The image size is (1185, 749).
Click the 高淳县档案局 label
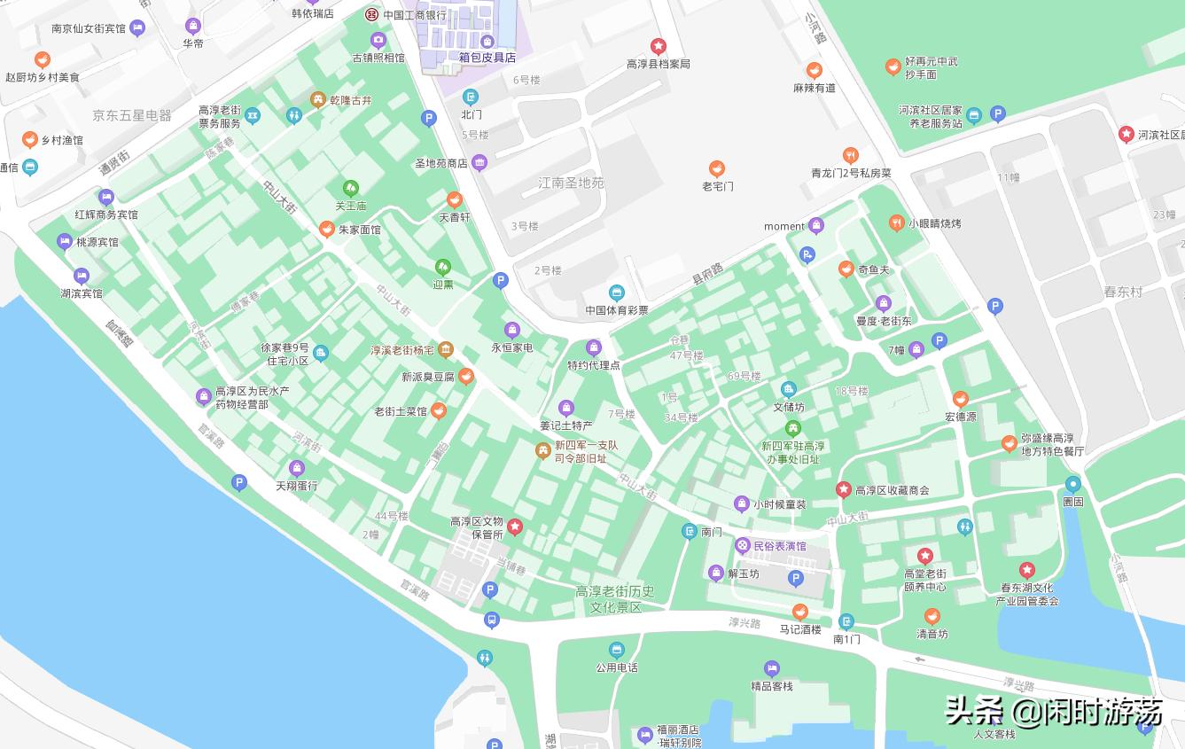[658, 64]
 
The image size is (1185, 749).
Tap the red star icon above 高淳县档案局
[658, 46]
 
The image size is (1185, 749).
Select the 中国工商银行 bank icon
[372, 14]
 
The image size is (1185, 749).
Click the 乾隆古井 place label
[351, 100]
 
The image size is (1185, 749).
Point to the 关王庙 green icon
[351, 188]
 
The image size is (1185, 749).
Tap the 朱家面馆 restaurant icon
[327, 230]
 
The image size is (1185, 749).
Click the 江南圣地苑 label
[571, 183]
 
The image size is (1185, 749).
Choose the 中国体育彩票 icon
[617, 293]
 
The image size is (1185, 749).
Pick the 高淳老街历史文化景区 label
[615, 599]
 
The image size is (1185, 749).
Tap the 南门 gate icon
[690, 531]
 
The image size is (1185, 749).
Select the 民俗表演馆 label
[779, 546]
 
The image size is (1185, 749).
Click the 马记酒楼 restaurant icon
[800, 612]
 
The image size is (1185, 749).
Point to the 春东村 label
[1123, 292]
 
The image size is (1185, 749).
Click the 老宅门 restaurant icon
[717, 168]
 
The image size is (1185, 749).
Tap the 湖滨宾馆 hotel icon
[82, 276]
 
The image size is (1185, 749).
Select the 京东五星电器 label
[132, 115]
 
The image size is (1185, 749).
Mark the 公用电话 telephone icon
[617, 651]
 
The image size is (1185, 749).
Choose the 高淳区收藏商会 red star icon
[844, 489]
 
